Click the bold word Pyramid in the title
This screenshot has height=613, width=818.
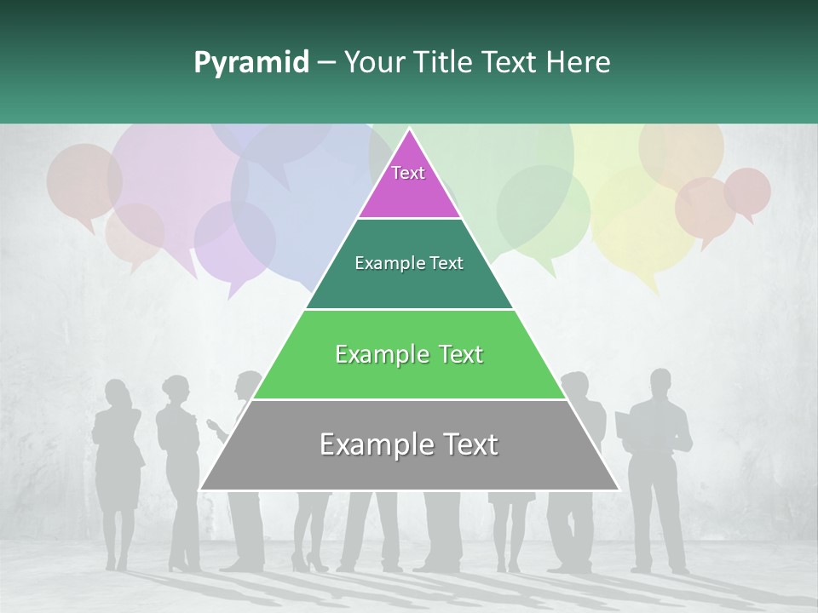pyautogui.click(x=251, y=63)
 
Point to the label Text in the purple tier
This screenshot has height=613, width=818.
pyautogui.click(x=408, y=173)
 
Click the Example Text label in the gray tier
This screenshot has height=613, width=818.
pyautogui.click(x=409, y=444)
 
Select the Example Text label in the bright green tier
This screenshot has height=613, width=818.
pyautogui.click(x=409, y=354)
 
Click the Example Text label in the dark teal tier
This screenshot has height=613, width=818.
pyautogui.click(x=409, y=263)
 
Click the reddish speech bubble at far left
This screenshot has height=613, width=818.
pyautogui.click(x=83, y=180)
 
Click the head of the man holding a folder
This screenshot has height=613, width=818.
pyautogui.click(x=661, y=381)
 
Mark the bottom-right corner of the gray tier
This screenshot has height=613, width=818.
pyautogui.click(x=618, y=490)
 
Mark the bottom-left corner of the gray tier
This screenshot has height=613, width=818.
pyautogui.click(x=200, y=490)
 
